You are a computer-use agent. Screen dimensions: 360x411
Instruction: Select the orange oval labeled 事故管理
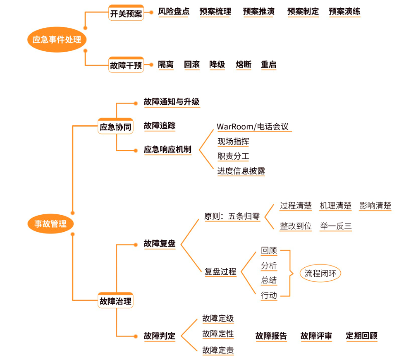coord(50,224)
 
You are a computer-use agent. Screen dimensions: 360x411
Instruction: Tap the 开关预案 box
coord(126,14)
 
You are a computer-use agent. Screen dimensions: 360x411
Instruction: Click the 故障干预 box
coord(126,65)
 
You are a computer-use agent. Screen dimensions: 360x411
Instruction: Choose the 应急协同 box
coord(115,127)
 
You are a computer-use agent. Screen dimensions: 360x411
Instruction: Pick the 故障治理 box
coord(115,301)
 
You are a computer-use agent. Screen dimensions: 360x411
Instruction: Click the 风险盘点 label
coord(174,12)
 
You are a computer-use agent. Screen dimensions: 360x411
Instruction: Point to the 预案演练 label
coord(344,12)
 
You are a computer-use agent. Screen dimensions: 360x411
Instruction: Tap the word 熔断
coord(244,65)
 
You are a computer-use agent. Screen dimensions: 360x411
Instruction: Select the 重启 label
coord(268,65)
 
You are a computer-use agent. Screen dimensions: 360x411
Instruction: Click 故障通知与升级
coord(172,102)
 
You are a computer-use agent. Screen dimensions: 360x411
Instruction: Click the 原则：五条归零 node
coord(232,216)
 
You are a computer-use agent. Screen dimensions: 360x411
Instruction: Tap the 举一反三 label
coord(335,226)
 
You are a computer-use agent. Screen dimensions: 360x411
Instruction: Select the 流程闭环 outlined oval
coord(320,273)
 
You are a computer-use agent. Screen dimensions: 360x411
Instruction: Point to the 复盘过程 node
coord(220,272)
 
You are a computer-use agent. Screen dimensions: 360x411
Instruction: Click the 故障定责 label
coord(218,350)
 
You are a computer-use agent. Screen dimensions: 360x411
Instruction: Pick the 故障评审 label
coord(316,336)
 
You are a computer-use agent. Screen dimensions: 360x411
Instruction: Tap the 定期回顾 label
coord(361,336)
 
